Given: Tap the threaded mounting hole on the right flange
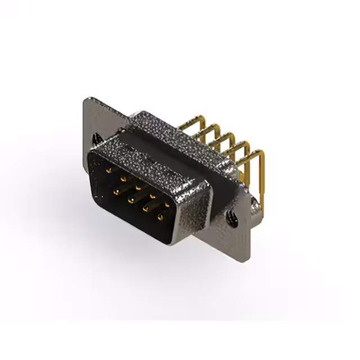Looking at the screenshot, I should (x=231, y=214).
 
